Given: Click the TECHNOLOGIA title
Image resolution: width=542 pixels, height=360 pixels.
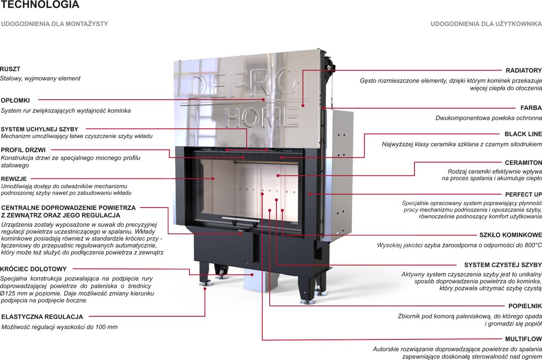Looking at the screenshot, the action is tap(40, 4).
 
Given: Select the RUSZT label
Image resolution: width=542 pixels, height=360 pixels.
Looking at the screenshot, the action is tap(10, 69).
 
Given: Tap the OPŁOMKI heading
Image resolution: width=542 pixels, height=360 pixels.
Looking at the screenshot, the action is tap(15, 101).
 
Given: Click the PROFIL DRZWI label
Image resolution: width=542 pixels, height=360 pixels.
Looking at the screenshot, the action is tap(23, 150).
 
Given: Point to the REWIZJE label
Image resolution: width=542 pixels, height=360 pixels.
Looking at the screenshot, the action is tap(14, 179).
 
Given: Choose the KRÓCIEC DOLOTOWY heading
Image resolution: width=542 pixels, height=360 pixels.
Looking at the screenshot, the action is tap(34, 269).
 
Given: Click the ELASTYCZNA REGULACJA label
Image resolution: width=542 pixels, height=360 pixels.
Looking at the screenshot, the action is tap(42, 317).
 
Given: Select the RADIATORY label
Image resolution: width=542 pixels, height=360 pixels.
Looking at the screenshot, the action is tap(524, 70).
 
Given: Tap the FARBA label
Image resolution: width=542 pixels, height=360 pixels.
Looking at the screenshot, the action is tap(531, 108).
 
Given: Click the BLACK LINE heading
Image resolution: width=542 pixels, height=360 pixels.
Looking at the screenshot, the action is tap(523, 134).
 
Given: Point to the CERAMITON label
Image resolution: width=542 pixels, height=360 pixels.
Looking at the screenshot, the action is tap(523, 163).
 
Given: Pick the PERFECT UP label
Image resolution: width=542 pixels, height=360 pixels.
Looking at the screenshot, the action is tap(523, 195).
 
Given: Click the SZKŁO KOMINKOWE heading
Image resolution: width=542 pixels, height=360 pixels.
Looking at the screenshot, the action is tap(510, 235).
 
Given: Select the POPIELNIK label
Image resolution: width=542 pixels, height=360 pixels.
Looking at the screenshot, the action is tap(525, 306).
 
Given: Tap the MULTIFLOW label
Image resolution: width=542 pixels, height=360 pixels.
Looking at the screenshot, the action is tap(523, 339).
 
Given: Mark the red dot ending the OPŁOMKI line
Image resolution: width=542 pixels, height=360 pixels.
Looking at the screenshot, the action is tap(263, 100).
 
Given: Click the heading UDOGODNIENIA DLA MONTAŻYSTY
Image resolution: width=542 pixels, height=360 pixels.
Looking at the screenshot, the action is tap(55, 24).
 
